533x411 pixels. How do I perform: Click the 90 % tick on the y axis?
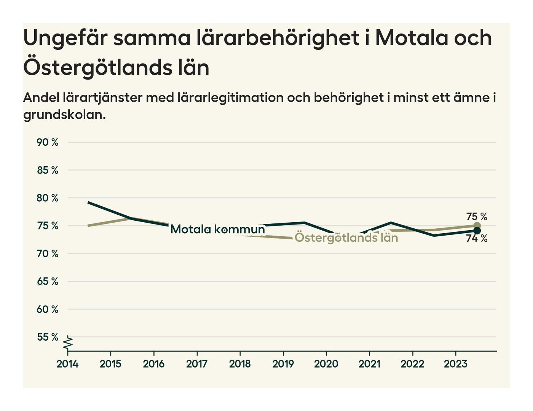(48, 142)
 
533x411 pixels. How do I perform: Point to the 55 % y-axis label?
(48, 337)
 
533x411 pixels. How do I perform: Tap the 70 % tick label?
(48, 253)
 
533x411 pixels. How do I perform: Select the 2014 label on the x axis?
(67, 364)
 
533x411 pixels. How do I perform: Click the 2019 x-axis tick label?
(283, 364)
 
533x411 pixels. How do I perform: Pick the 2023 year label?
(455, 364)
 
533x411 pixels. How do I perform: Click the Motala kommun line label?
(217, 229)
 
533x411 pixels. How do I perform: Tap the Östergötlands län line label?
(346, 238)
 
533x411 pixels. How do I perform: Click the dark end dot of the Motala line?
(477, 231)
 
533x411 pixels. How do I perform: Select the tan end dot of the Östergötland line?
(477, 226)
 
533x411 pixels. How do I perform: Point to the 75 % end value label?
(477, 217)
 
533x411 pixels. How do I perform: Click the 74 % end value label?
(477, 239)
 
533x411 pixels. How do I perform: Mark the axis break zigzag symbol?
(68, 343)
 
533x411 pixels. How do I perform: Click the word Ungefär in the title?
(64, 38)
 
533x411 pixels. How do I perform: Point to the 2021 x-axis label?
(369, 364)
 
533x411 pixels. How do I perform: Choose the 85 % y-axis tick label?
(48, 170)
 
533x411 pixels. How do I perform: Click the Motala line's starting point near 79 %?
(88, 202)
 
